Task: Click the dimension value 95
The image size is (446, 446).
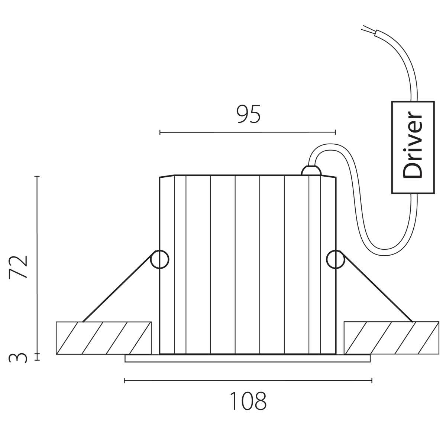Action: click(249, 114)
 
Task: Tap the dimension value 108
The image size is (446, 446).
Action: click(248, 401)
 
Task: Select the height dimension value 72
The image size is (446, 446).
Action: click(19, 267)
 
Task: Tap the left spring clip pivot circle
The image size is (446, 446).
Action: click(159, 259)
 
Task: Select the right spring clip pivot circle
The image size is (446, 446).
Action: click(336, 259)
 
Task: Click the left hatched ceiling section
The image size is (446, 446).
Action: click(104, 338)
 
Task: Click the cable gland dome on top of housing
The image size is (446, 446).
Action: click(311, 171)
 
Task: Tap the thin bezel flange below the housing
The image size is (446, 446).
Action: click(248, 358)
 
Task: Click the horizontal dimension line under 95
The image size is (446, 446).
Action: click(248, 132)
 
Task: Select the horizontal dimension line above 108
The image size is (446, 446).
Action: click(248, 380)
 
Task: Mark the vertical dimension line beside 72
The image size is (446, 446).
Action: click(37, 265)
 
